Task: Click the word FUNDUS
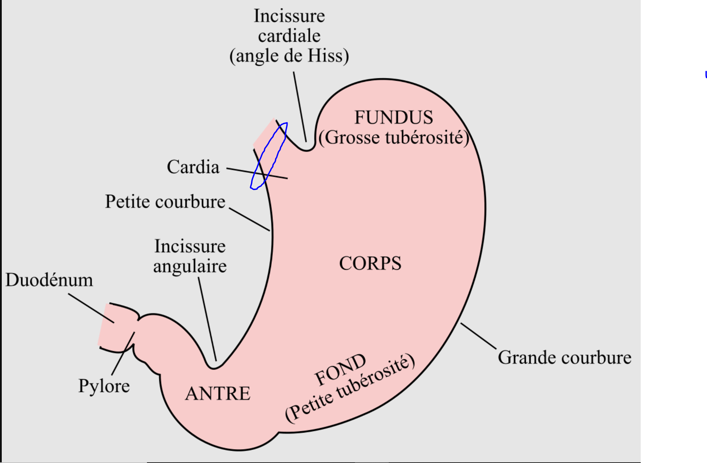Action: pyautogui.click(x=393, y=117)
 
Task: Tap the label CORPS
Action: pyautogui.click(x=370, y=263)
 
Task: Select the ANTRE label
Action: pyautogui.click(x=218, y=394)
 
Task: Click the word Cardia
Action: pyautogui.click(x=193, y=167)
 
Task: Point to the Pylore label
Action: pyautogui.click(x=104, y=385)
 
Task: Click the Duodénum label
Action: pyautogui.click(x=49, y=280)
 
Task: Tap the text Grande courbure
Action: pyautogui.click(x=564, y=358)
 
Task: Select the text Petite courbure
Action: pyautogui.click(x=165, y=202)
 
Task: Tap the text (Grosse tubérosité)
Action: pyautogui.click(x=394, y=138)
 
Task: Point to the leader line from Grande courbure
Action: pyautogui.click(x=478, y=336)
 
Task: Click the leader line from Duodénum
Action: pyautogui.click(x=91, y=308)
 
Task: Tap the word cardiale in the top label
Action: pyautogui.click(x=289, y=36)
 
